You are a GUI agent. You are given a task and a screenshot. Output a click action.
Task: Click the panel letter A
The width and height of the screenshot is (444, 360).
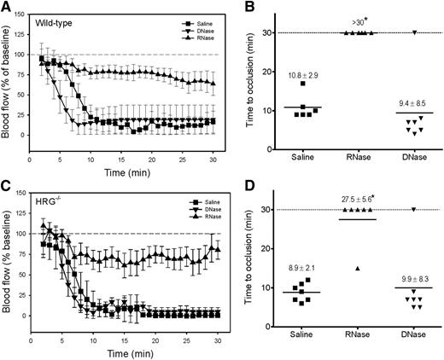(x=7, y=8)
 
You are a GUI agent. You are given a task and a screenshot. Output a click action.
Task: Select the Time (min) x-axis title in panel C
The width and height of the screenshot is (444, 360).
(x=134, y=350)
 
